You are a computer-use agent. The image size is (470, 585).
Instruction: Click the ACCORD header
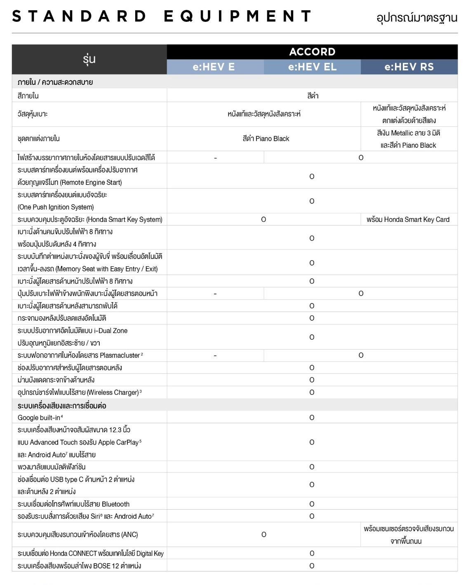[312, 52]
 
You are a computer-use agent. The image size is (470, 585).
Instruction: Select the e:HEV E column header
[214, 67]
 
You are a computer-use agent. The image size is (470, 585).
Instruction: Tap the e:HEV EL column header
[312, 67]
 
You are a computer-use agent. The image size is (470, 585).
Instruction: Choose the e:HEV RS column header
[409, 67]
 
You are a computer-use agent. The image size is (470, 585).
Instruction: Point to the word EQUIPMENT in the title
[237, 16]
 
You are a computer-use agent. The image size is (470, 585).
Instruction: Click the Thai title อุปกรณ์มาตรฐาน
[416, 18]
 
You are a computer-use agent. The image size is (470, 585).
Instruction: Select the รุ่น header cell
[89, 59]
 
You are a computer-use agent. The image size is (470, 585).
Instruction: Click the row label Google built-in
[40, 417]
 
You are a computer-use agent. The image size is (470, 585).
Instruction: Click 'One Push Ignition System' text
[56, 207]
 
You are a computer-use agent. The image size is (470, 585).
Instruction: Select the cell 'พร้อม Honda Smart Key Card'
[408, 219]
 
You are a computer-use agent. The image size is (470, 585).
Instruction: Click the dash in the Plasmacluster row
[215, 355]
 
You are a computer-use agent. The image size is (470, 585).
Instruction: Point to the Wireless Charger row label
[79, 392]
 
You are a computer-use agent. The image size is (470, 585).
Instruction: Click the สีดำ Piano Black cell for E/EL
[266, 139]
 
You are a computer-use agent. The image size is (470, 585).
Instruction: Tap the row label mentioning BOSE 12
[79, 566]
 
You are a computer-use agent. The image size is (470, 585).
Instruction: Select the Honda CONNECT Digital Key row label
[90, 553]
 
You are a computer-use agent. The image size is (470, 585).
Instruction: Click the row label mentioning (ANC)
[78, 534]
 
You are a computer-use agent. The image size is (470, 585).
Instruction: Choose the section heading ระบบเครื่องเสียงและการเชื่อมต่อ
[62, 406]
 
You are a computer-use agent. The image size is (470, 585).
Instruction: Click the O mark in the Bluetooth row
[312, 504]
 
